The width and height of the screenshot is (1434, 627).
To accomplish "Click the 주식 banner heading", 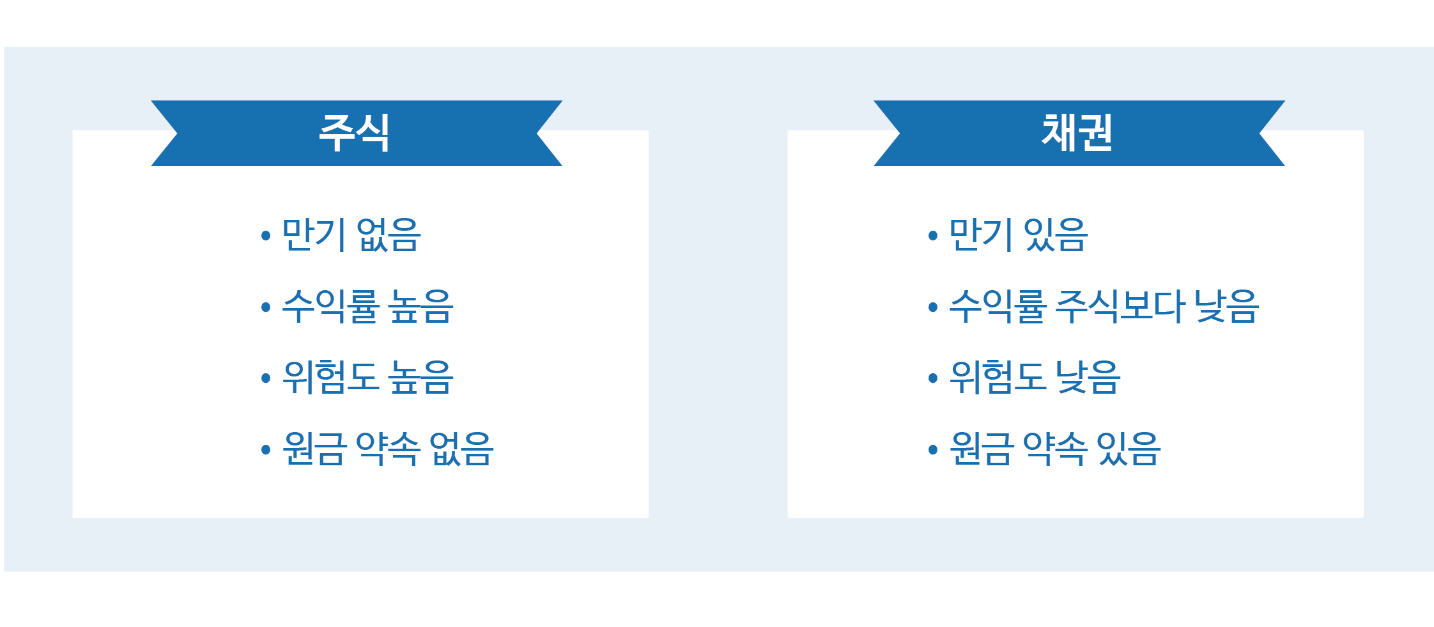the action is point(354,133).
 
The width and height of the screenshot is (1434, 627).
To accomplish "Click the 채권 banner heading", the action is point(1077,133).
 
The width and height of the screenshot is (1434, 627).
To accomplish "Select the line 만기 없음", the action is point(351,235).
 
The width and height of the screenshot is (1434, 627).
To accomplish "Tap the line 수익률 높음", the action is point(367,306).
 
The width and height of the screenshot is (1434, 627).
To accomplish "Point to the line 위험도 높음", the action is point(367,377).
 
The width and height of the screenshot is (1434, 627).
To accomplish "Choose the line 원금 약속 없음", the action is point(388,448).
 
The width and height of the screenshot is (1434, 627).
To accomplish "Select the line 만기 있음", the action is point(1018,235).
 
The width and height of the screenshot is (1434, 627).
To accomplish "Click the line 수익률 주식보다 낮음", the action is point(1104,306).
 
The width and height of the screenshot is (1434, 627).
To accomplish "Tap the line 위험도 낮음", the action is point(1035,377).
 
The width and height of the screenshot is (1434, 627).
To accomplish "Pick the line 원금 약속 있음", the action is point(1055,448).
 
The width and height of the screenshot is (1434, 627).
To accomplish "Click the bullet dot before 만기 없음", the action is point(266,236).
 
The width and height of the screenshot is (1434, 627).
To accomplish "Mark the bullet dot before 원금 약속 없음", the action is point(266,450).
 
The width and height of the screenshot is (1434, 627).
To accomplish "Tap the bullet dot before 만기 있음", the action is point(933,236).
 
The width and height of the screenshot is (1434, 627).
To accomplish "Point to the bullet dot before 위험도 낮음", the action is point(933,378).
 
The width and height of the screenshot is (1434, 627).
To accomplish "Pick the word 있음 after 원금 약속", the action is point(1129,448).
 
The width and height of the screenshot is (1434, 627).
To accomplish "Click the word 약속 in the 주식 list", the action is point(388,448).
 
